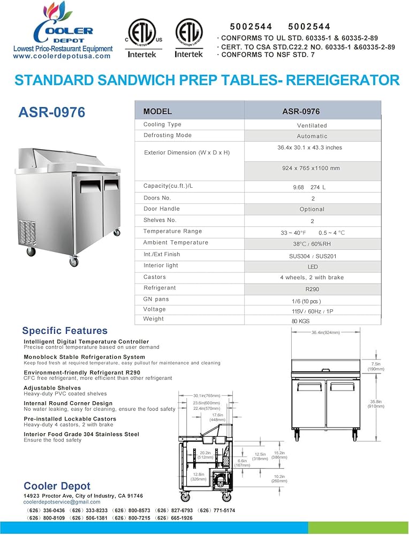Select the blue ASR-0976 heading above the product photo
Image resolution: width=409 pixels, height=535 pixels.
coord(51,112)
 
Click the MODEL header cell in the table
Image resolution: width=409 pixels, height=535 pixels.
coord(157,112)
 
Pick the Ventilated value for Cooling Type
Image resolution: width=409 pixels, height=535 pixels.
coord(312,125)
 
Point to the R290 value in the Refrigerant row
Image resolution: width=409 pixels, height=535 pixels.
coord(312,289)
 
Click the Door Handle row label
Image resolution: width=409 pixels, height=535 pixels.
coord(161,209)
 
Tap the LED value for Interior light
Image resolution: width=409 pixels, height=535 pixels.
coord(312,267)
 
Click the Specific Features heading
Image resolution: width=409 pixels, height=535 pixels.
coord(65,331)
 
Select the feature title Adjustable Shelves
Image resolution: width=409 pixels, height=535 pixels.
coord(52,388)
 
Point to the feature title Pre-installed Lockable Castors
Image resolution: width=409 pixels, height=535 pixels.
coord(70,419)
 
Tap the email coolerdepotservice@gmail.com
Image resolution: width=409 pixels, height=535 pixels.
coord(62,502)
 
